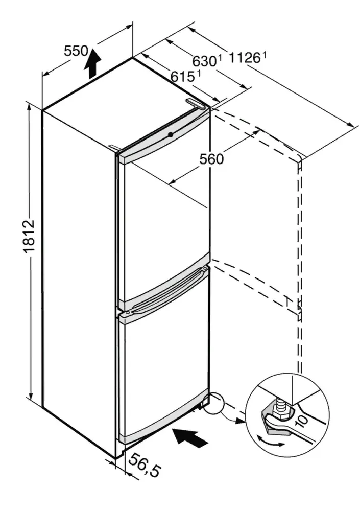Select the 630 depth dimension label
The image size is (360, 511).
coord(205,61)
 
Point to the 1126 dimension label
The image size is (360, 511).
coord(247,58)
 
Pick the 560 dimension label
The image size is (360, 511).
coord(211,159)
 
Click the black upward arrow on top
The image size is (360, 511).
coord(92,62)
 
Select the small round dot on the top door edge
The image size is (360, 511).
coord(170,134)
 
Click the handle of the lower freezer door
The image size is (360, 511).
coord(163,297)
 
